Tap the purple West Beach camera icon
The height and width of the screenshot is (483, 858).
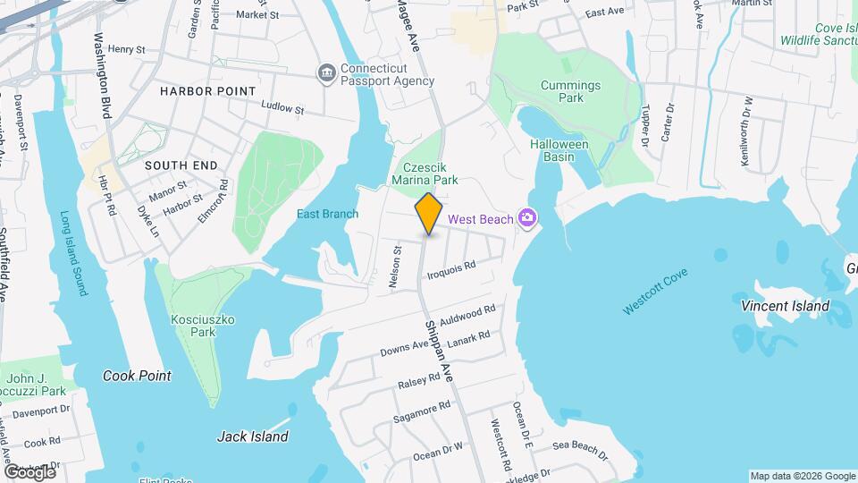click(x=528, y=218)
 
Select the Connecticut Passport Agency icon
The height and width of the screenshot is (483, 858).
click(x=326, y=72)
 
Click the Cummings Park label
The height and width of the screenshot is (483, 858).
click(x=570, y=92)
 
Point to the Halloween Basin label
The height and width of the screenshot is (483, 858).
click(x=559, y=150)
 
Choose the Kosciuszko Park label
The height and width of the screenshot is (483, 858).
click(x=194, y=326)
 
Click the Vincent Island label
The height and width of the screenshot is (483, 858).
click(x=785, y=306)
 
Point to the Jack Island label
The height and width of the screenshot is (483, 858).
click(x=253, y=436)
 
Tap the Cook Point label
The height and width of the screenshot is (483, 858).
click(x=136, y=376)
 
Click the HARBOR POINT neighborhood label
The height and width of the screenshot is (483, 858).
click(x=207, y=91)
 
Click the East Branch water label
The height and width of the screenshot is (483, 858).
click(x=327, y=214)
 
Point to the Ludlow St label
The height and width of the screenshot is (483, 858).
click(x=283, y=108)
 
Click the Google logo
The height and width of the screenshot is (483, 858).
click(x=29, y=471)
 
